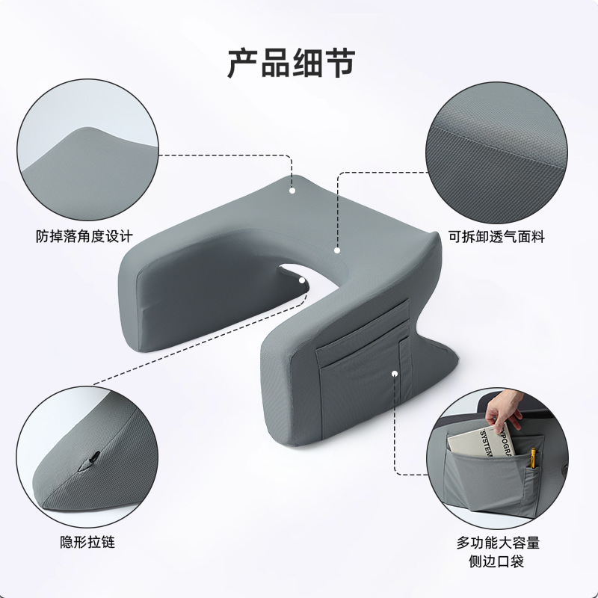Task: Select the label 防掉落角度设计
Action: (x=84, y=237)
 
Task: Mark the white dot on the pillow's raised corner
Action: (x=292, y=191)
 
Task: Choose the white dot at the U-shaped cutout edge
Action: (x=302, y=281)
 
